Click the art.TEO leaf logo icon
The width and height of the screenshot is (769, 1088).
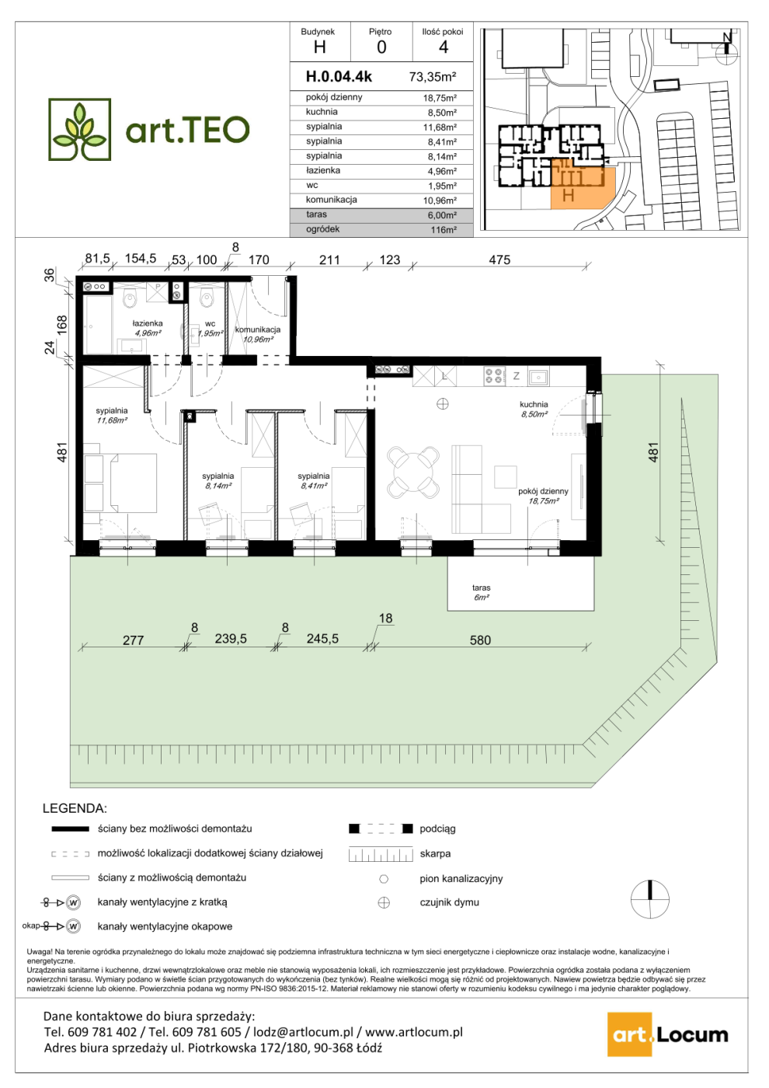click(x=79, y=129)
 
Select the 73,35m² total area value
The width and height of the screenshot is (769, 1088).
click(x=433, y=77)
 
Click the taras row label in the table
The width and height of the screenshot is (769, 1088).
click(x=316, y=214)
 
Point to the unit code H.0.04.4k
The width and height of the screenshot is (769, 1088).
click(x=339, y=76)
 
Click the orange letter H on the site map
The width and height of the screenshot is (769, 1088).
click(x=568, y=195)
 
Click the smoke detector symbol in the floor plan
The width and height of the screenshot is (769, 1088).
click(x=442, y=403)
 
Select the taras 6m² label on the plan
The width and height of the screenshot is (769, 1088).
click(x=481, y=592)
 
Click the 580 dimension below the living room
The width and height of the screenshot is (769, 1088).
click(x=480, y=640)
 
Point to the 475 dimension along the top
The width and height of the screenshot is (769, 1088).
click(x=499, y=260)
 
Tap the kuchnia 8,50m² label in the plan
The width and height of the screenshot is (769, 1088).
click(x=534, y=409)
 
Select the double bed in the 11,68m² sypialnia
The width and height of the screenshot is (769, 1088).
click(x=133, y=483)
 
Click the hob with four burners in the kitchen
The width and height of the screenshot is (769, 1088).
click(x=495, y=376)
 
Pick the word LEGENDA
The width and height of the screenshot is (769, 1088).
click(x=75, y=809)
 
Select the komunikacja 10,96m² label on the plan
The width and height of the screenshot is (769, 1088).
click(x=258, y=334)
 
